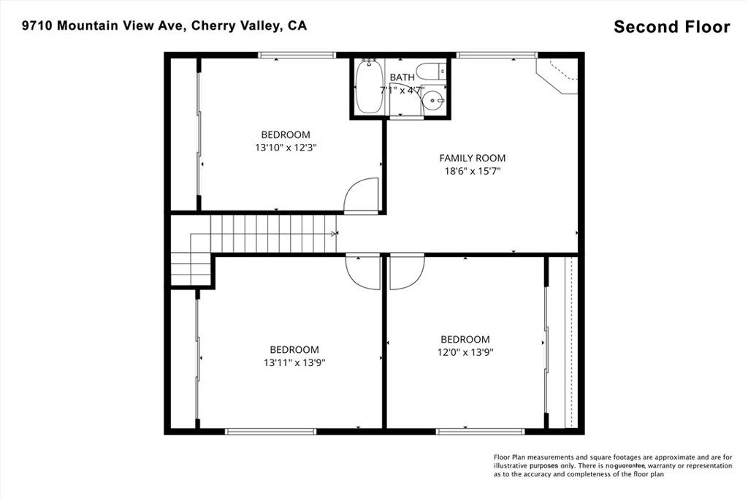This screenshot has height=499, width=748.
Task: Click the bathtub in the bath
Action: (x=369, y=87)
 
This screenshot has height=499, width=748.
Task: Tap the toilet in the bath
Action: (x=433, y=72)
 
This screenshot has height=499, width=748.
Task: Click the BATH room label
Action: (x=402, y=77)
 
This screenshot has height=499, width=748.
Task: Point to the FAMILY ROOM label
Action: (x=472, y=158)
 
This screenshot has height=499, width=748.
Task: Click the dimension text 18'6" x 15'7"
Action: (x=472, y=171)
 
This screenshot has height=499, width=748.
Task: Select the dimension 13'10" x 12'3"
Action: (x=286, y=147)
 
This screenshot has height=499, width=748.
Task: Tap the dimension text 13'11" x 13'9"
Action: (x=294, y=362)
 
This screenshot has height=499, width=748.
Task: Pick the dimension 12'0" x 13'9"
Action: (x=465, y=352)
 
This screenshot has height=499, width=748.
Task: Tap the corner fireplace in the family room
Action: (x=559, y=75)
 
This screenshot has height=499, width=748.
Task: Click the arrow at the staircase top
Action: (x=335, y=234)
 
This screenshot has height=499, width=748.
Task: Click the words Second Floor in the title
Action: (x=671, y=27)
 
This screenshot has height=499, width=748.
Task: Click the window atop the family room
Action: (x=497, y=54)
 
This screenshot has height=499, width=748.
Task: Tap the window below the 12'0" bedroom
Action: (x=470, y=432)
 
